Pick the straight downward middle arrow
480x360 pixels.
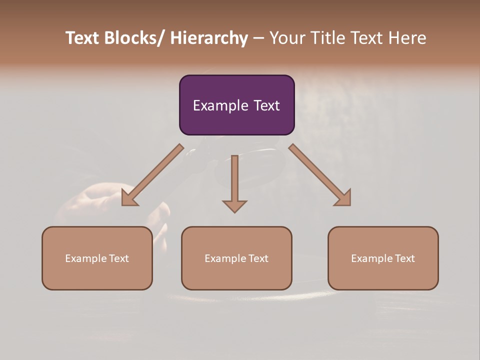[x=234, y=180]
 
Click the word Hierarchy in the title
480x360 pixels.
[x=209, y=38]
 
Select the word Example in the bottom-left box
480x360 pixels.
[x=85, y=258]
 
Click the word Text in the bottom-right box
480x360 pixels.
[x=404, y=258]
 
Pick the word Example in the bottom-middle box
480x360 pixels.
[x=225, y=258]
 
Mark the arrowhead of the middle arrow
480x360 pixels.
[x=234, y=205]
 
